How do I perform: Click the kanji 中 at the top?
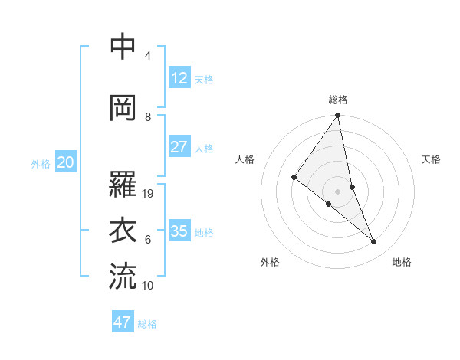click(123, 47)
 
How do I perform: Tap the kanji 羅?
click(123, 184)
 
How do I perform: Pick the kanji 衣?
click(123, 231)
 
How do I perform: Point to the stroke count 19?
click(149, 194)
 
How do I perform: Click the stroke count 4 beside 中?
click(148, 56)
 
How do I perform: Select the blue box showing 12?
click(179, 77)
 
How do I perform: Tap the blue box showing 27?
click(179, 147)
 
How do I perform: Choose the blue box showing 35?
click(179, 231)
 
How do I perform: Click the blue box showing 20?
click(66, 162)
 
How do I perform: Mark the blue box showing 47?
click(123, 322)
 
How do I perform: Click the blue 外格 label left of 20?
click(41, 163)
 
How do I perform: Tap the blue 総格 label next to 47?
click(147, 324)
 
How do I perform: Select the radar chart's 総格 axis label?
click(338, 100)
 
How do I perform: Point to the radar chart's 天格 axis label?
click(432, 159)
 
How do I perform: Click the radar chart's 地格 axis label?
click(402, 262)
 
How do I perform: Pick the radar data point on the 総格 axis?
click(337, 116)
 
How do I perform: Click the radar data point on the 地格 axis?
click(374, 241)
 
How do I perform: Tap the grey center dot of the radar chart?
click(337, 191)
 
